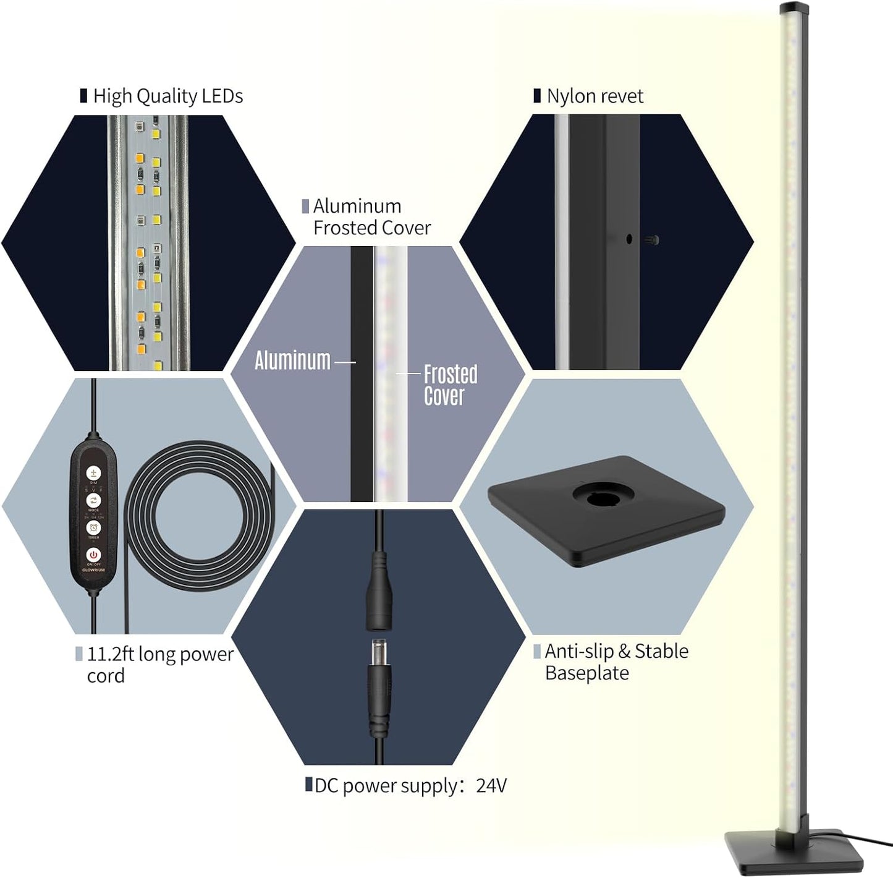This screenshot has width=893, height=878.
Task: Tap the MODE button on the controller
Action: click(x=93, y=500)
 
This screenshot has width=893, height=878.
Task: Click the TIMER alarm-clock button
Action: click(x=93, y=527)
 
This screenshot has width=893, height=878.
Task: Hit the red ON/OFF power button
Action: click(x=93, y=555)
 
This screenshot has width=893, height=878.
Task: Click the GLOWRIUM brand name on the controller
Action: click(x=93, y=570)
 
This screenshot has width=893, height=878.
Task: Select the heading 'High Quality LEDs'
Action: click(x=167, y=96)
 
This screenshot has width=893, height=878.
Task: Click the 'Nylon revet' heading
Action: click(x=595, y=96)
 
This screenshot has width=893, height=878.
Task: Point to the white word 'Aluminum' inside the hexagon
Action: click(x=292, y=360)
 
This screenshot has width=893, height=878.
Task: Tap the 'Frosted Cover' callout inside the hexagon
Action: click(x=450, y=385)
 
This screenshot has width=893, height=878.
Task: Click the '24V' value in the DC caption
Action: click(x=491, y=786)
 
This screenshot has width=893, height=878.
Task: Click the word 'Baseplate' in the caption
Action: click(x=586, y=673)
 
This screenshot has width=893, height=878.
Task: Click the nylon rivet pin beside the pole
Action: click(x=653, y=240)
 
